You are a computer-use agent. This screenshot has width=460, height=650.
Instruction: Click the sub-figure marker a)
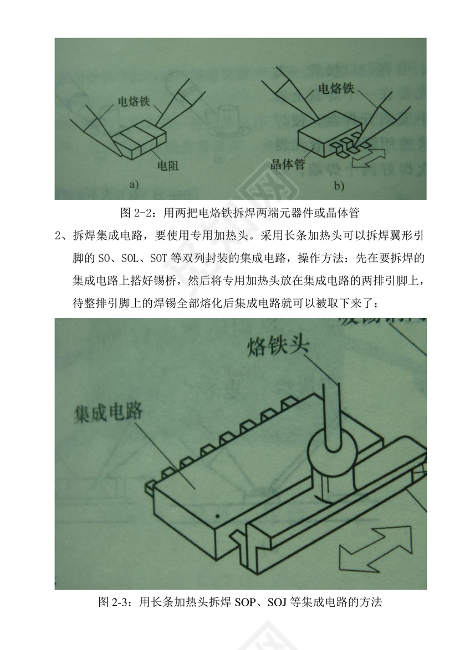point(134,185)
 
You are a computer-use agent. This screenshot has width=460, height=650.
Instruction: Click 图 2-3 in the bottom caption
point(114,602)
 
